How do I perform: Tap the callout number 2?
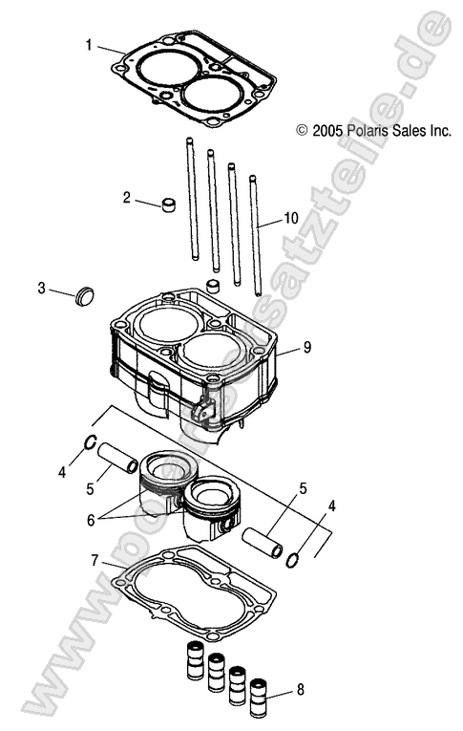click(126, 198)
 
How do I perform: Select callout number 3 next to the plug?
click(42, 288)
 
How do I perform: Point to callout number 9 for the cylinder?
click(307, 348)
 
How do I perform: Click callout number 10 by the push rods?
click(291, 218)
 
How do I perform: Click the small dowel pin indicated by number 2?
click(170, 205)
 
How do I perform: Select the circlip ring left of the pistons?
click(90, 441)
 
